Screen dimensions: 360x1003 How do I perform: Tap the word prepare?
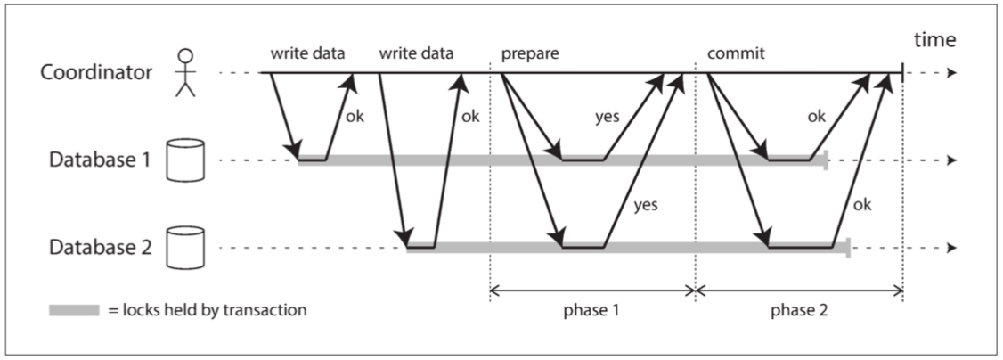tap(530, 53)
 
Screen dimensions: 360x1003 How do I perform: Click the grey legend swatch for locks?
tap(73, 311)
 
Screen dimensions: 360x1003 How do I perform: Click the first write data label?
tap(308, 53)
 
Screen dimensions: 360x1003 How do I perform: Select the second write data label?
tap(416, 53)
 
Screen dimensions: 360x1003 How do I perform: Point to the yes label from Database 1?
tap(608, 117)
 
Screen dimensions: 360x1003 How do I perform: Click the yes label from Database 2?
tap(645, 205)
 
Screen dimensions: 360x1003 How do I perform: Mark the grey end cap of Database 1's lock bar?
tap(827, 161)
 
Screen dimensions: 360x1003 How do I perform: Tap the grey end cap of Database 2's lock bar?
tap(848, 248)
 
